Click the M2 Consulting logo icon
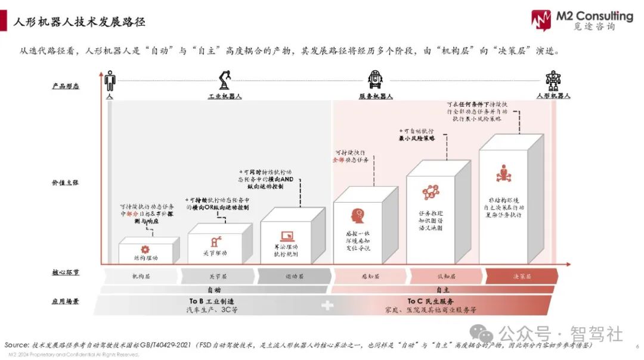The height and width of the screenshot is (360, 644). point(541,21)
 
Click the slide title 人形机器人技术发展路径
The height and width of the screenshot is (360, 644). point(79,22)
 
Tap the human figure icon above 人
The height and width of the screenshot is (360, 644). point(110,80)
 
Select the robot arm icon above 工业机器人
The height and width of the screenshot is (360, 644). point(225,80)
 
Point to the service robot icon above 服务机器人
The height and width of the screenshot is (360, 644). point(375,80)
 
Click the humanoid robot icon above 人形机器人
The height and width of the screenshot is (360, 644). point(553,80)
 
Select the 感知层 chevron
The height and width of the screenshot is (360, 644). point(369,276)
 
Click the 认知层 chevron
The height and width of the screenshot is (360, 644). point(445,276)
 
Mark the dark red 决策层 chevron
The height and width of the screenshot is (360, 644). point(522,276)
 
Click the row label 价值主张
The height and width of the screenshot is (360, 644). point(66,182)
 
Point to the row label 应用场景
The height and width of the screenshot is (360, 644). point(66,302)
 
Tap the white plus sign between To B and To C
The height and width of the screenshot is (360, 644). point(327,306)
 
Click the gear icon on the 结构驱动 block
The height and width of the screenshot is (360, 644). point(145,250)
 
